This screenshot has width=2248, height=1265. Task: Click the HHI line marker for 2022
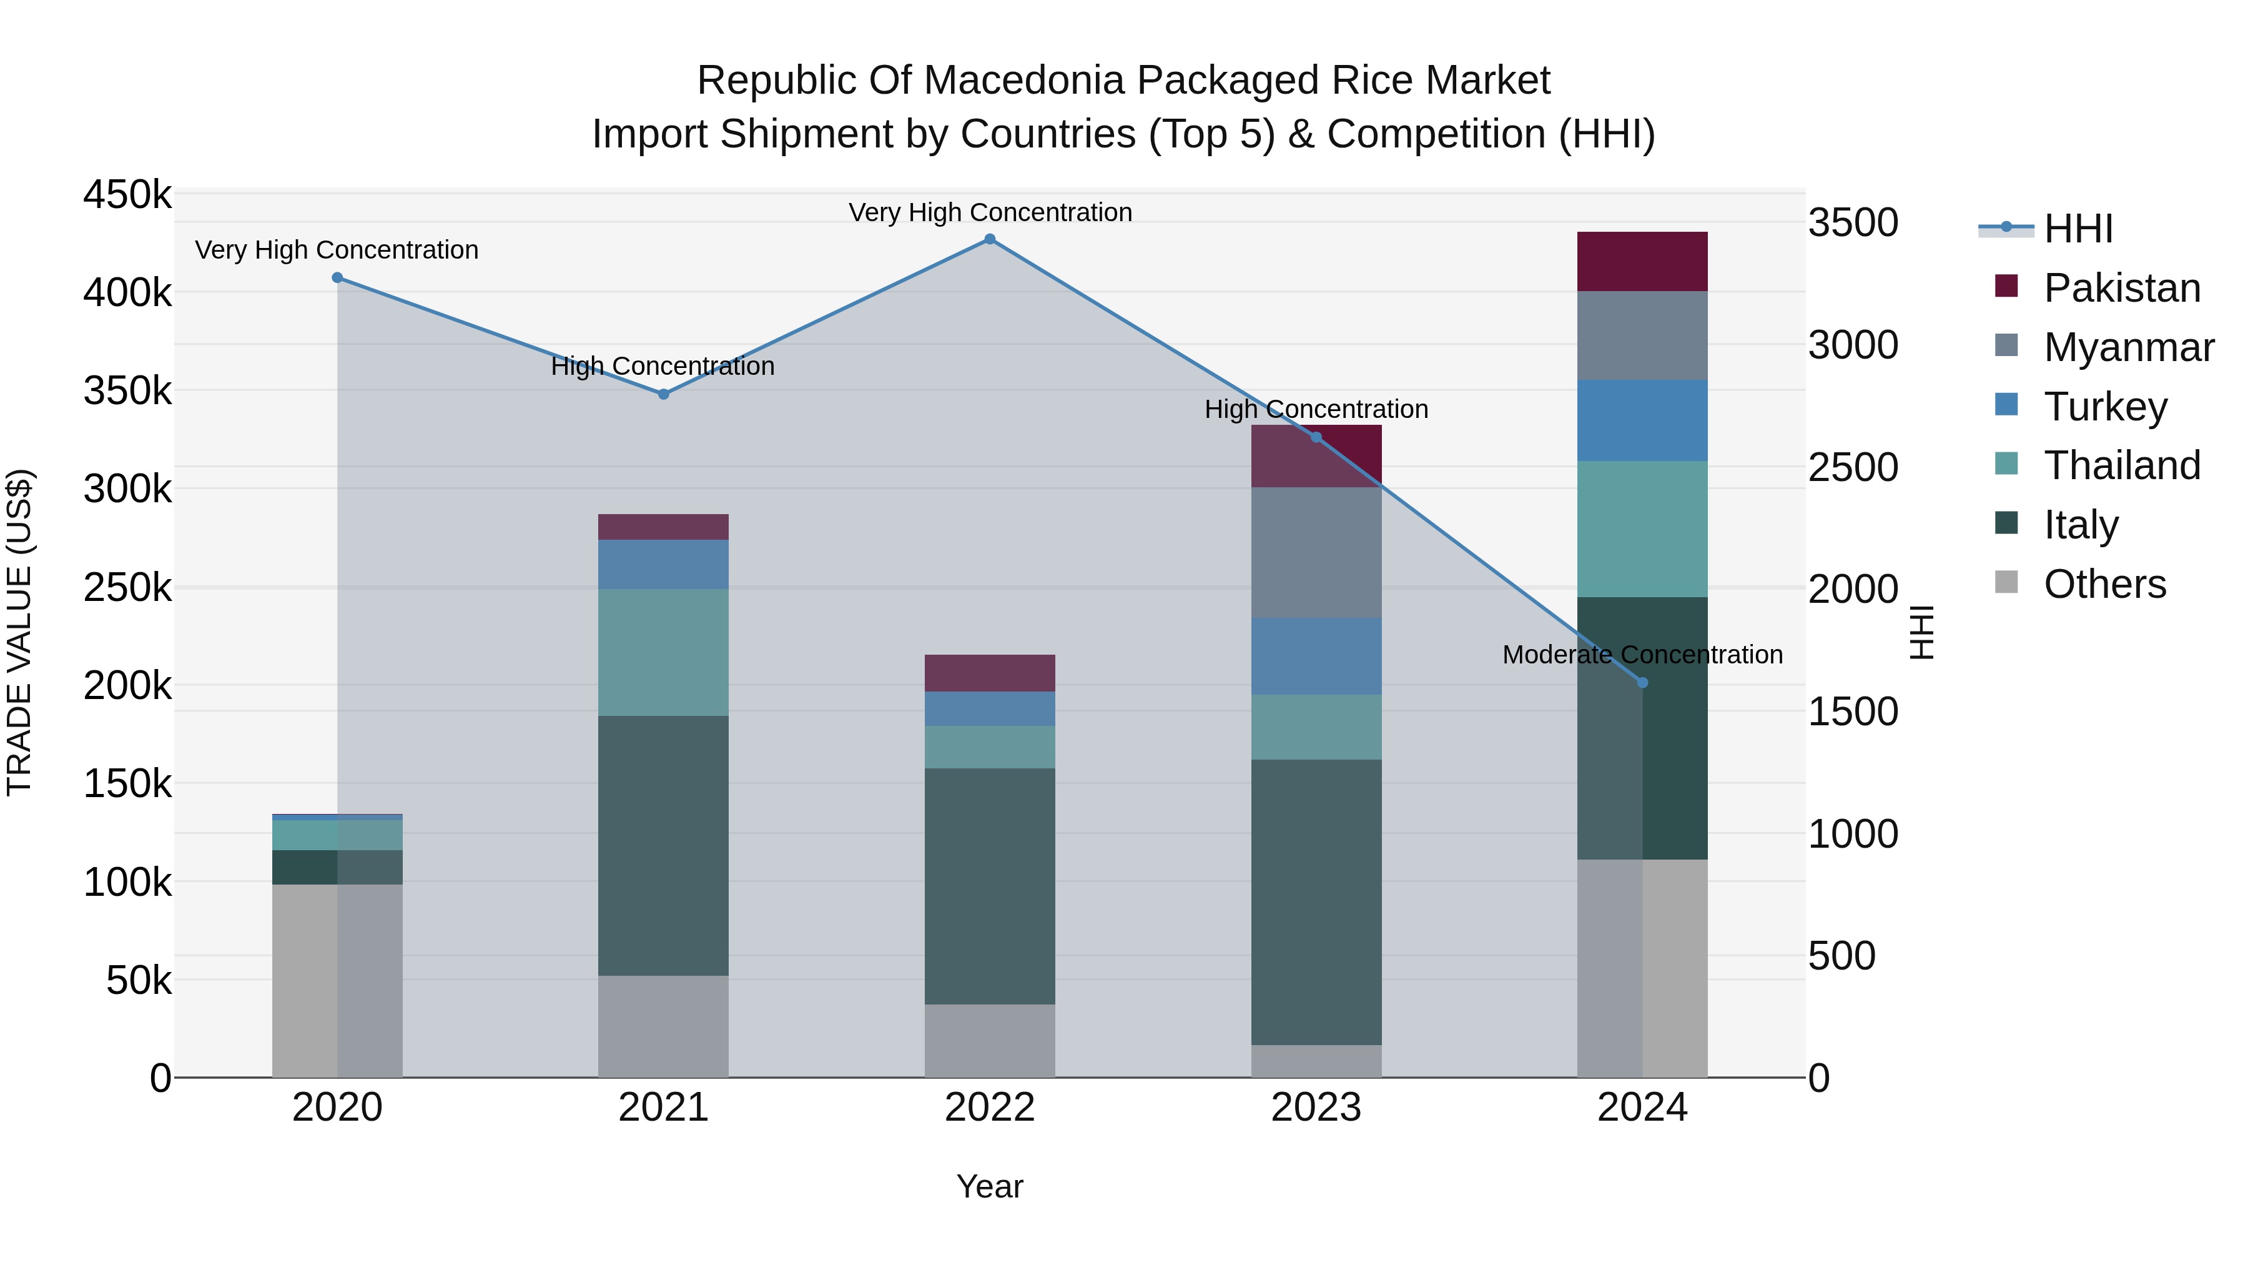[990, 239]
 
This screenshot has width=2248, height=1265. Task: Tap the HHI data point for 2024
[1642, 683]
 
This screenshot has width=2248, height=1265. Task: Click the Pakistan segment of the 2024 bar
[1642, 262]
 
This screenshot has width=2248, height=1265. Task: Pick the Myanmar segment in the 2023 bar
[1316, 553]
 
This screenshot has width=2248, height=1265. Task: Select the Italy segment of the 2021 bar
[663, 845]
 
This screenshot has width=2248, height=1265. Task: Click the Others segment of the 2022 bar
[990, 1041]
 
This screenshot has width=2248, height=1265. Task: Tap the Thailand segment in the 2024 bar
[1642, 529]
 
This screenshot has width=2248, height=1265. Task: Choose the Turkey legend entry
[2105, 407]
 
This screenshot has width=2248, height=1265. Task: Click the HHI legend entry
[2077, 229]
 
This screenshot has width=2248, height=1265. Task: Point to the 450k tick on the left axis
[127, 195]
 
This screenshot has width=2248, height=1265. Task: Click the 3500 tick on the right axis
[1853, 222]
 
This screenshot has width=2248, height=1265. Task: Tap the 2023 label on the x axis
[1316, 1108]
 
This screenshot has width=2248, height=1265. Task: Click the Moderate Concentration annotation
[1642, 655]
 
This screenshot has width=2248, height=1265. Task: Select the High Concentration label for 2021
[663, 367]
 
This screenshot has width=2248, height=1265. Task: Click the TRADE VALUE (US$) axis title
[19, 632]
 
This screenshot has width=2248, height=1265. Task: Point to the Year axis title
[990, 1186]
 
